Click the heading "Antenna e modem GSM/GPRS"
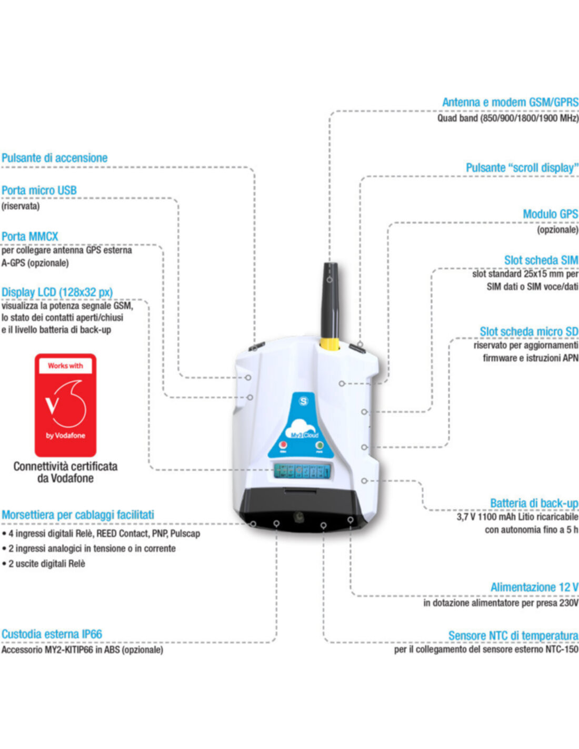click(x=510, y=102)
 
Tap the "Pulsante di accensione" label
click(x=54, y=158)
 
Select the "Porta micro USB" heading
click(x=39, y=191)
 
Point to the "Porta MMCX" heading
click(x=30, y=236)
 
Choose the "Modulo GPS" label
click(x=550, y=214)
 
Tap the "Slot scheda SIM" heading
click(x=541, y=260)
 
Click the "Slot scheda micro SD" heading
click(x=528, y=332)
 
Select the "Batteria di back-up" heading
click(x=534, y=504)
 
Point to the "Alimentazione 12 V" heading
click(x=534, y=587)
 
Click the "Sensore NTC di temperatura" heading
click(x=513, y=636)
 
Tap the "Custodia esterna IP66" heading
click(x=52, y=634)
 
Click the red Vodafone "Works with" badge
click(x=65, y=405)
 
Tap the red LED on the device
click(x=283, y=446)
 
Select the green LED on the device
click(x=319, y=446)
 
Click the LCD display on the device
click(x=302, y=470)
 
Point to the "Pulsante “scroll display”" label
click(x=522, y=168)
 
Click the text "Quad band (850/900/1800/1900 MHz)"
click(x=507, y=118)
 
